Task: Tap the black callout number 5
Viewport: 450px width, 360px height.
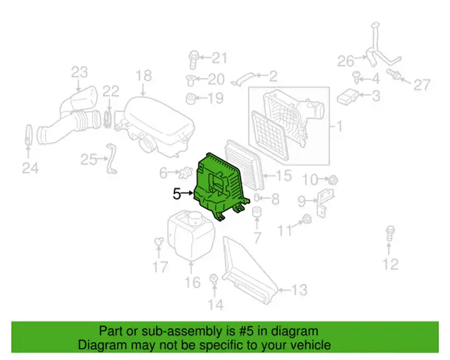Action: pos(177,194)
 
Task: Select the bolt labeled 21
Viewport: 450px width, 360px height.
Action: pos(194,59)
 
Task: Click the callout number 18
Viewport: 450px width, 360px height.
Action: pos(143,76)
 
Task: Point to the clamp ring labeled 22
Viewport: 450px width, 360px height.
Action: pos(108,119)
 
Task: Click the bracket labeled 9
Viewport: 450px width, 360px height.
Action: pos(325,202)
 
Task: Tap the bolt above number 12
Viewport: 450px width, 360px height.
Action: pos(390,234)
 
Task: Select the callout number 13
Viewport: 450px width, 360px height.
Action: pos(299,290)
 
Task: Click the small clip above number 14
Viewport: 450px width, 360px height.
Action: pos(214,278)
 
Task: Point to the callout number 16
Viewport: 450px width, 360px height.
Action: pos(193,282)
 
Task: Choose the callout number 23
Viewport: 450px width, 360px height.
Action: pos(79,72)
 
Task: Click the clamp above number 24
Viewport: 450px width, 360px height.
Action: pos(29,135)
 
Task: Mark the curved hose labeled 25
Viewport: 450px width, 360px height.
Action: pos(110,159)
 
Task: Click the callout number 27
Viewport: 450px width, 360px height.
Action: pos(422,85)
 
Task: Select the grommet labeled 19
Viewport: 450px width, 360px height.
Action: pos(191,98)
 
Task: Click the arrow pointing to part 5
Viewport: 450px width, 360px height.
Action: pos(188,193)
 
